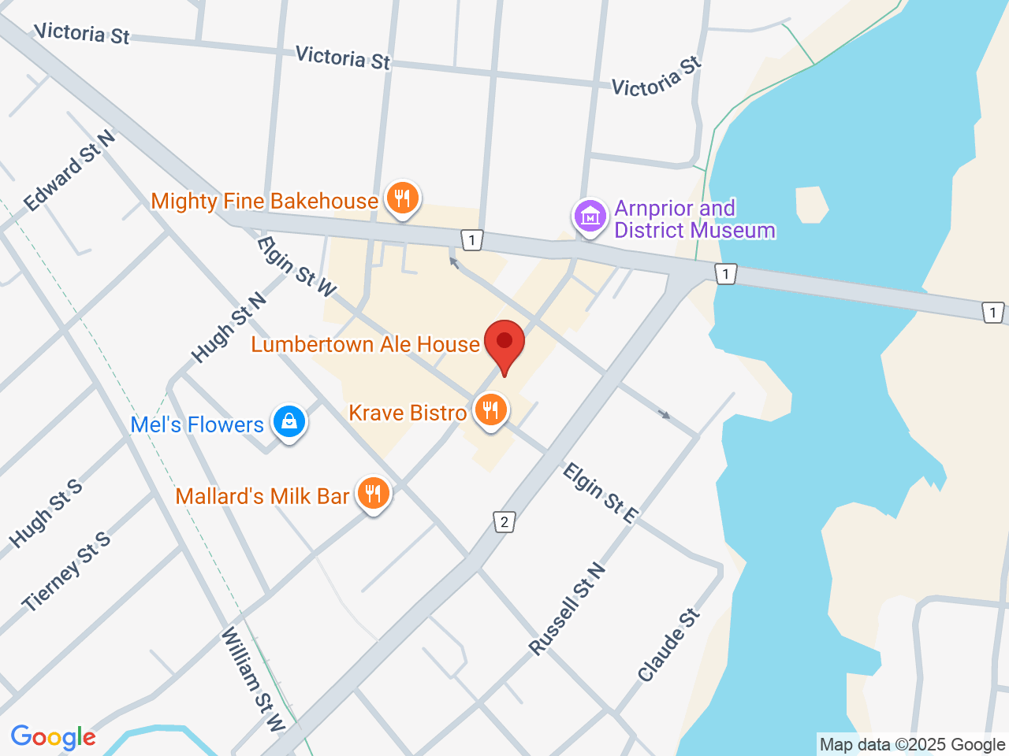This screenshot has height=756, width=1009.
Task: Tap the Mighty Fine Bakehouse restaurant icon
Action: pos(403,198)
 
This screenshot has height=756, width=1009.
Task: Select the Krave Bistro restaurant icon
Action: pos(490,410)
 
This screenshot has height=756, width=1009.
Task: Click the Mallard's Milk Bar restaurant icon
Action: pos(373,495)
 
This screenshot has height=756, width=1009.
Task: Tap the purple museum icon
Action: pos(590,215)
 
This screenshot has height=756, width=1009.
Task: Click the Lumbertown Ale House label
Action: pos(365,345)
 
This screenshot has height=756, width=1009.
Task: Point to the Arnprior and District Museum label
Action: pos(694,219)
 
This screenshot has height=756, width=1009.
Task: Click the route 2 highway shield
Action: pos(504,521)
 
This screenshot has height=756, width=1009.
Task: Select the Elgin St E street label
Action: pos(600,494)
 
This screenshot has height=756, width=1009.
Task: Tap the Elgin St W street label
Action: pos(296,267)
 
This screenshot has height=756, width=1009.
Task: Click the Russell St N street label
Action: pos(568,610)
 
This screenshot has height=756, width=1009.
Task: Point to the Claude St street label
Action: pos(668,645)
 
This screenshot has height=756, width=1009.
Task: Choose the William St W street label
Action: pos(252,679)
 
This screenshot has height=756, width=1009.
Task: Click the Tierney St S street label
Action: pos(66,572)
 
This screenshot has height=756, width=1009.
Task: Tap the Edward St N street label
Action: pos(69,171)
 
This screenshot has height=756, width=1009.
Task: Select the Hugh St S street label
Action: pos(46,513)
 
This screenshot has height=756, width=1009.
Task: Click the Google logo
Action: pos(53,738)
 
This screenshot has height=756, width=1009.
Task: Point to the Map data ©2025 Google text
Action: pos(912,744)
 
